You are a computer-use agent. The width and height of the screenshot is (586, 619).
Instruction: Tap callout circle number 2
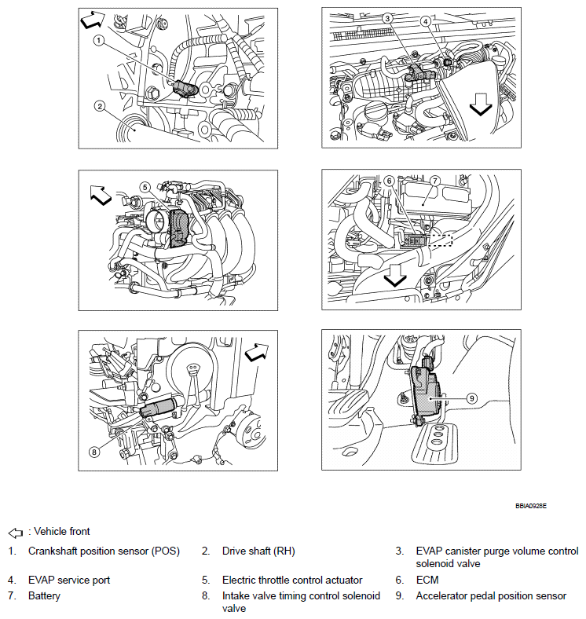point(100,105)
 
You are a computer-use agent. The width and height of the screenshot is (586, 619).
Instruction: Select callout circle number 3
point(388,18)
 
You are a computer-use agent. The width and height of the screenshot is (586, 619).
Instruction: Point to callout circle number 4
point(425,21)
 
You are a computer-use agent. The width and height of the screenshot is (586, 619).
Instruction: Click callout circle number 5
point(145,187)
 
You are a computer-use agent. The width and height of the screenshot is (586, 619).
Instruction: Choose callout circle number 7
point(434,181)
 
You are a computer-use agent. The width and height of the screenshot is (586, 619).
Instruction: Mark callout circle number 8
point(94,451)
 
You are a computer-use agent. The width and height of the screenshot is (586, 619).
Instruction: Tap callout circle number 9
point(471,398)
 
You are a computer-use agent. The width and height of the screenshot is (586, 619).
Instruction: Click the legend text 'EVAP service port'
point(69,581)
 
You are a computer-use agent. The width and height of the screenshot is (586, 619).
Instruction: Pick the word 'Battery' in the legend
point(44,596)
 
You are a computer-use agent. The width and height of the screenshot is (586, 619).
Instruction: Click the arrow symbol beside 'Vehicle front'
point(16,532)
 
